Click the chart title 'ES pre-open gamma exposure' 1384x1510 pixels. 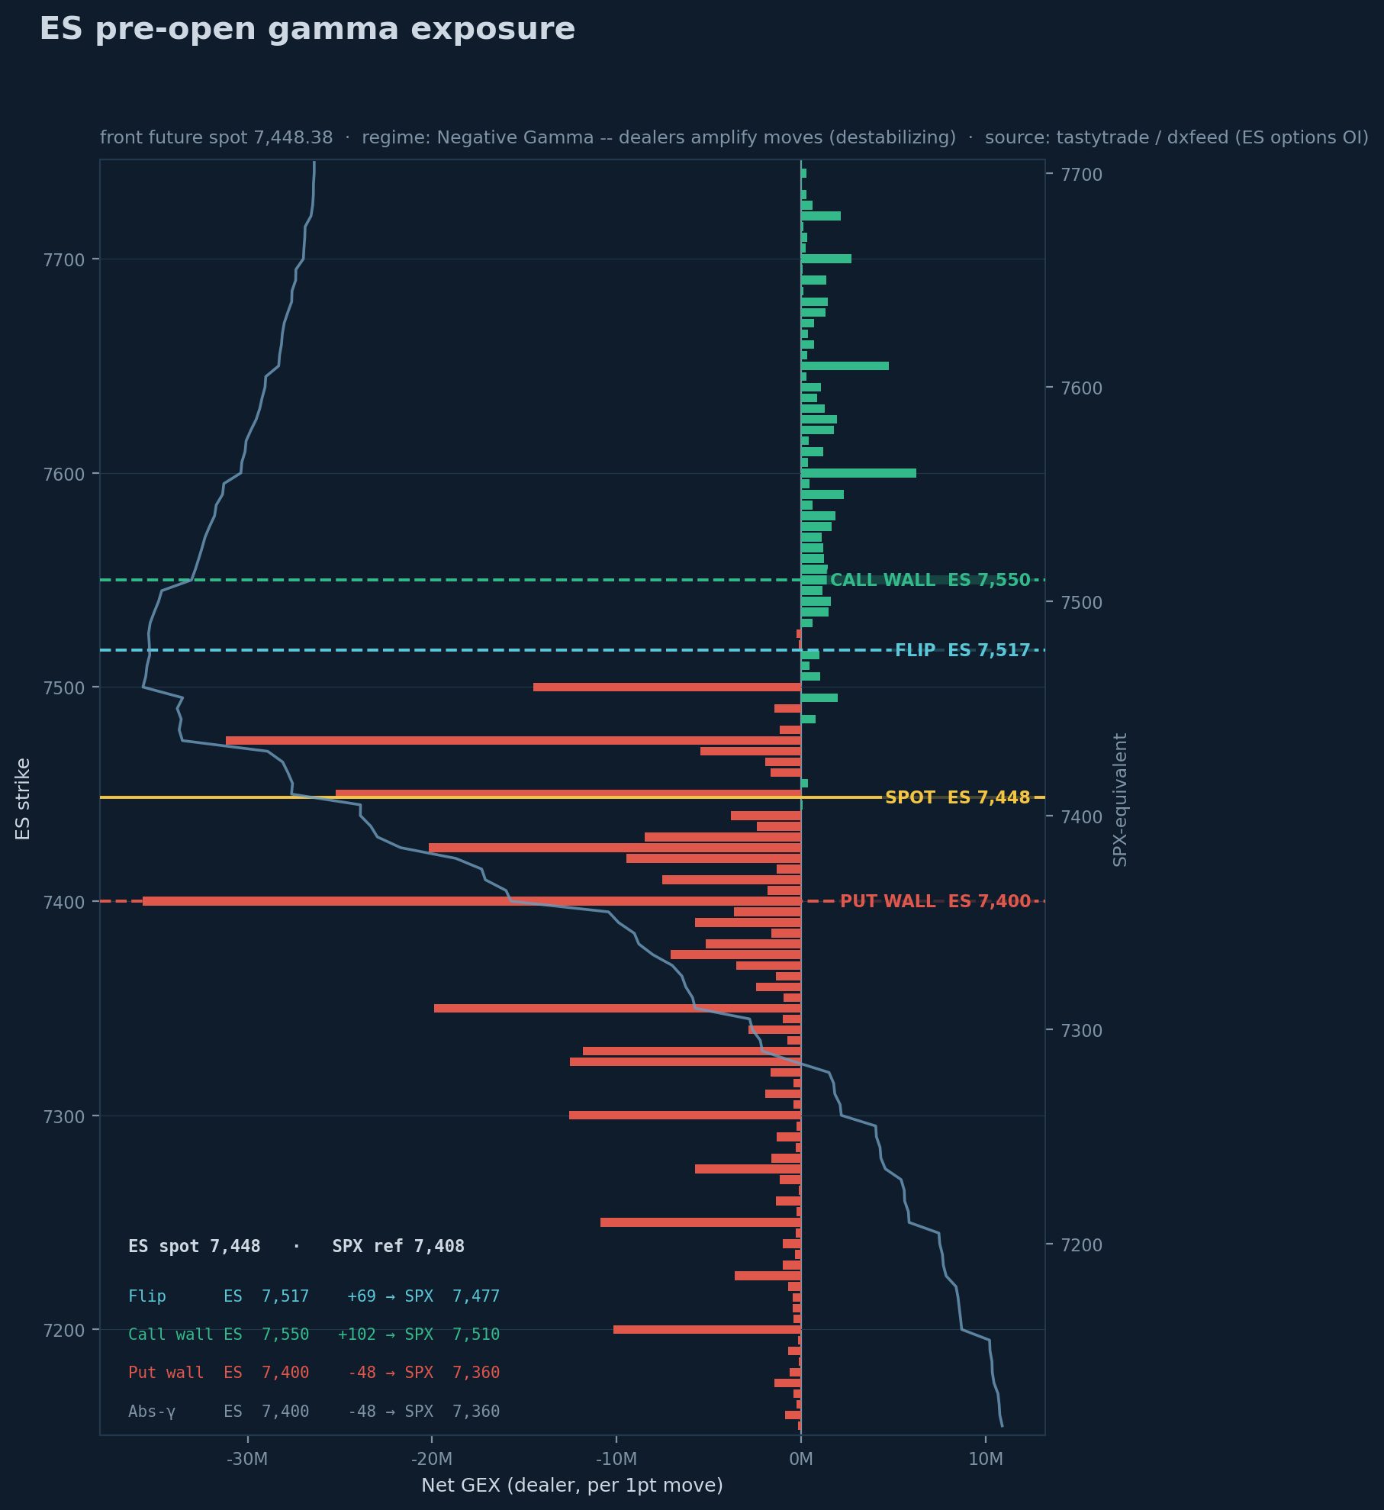point(307,29)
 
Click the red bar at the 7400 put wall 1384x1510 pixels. point(472,901)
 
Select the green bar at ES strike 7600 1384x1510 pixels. point(858,473)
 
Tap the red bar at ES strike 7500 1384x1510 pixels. point(667,687)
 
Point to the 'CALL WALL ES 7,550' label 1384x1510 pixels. point(930,580)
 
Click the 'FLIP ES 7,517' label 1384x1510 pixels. point(962,650)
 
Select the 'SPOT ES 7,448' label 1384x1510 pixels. point(958,797)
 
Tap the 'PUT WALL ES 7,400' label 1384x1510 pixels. point(935,901)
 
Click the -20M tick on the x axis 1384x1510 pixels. point(432,1459)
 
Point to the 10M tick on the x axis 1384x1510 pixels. point(986,1459)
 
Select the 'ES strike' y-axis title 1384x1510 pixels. point(23,799)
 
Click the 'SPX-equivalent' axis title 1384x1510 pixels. point(1120,800)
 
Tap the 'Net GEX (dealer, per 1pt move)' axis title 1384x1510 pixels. point(572,1485)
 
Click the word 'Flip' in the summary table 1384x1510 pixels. point(147,1296)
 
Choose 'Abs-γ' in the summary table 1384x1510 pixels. point(152,1412)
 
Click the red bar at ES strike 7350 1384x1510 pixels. point(617,1008)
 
